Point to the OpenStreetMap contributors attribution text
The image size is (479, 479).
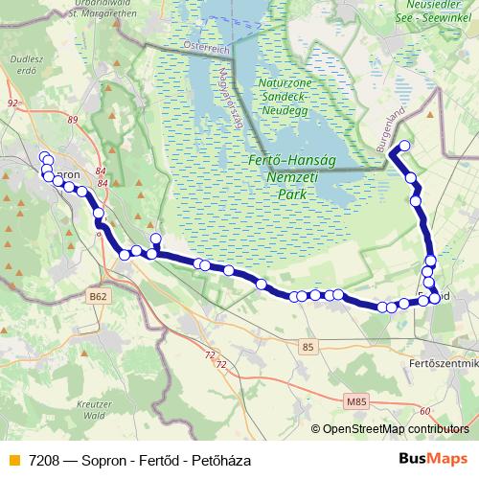coord(395,429)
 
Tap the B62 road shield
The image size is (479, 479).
coord(98,298)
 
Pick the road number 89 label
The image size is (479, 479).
coord(73,119)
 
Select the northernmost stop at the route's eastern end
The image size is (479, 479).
coord(404,146)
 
